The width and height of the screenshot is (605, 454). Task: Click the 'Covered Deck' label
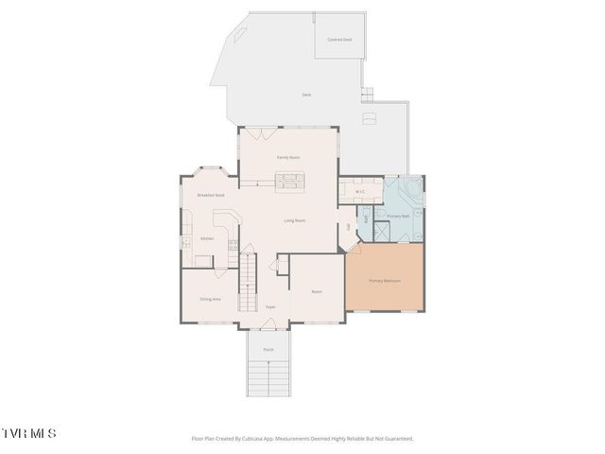(x=338, y=40)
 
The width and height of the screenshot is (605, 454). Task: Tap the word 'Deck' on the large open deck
(x=306, y=95)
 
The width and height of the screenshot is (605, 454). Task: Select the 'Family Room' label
(x=288, y=157)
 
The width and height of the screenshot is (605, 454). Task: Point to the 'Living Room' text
(x=295, y=220)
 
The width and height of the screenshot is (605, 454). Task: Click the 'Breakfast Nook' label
(x=210, y=195)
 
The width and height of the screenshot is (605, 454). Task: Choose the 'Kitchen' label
(x=207, y=238)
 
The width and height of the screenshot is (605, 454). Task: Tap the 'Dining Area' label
(x=210, y=299)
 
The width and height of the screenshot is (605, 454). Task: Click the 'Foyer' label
(x=270, y=307)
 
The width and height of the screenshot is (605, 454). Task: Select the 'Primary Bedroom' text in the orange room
(x=385, y=281)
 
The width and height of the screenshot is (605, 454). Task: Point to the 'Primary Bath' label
(x=398, y=216)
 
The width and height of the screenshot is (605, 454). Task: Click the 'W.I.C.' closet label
(x=360, y=192)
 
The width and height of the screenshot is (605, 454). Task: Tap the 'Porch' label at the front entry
(x=269, y=348)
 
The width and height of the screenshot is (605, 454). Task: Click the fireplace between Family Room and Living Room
(x=289, y=181)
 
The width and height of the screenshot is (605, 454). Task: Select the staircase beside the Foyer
(x=248, y=283)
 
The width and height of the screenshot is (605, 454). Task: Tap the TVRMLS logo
(x=28, y=433)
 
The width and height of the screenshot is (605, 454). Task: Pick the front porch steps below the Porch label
(x=269, y=377)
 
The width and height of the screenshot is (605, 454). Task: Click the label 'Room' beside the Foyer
(x=317, y=291)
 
